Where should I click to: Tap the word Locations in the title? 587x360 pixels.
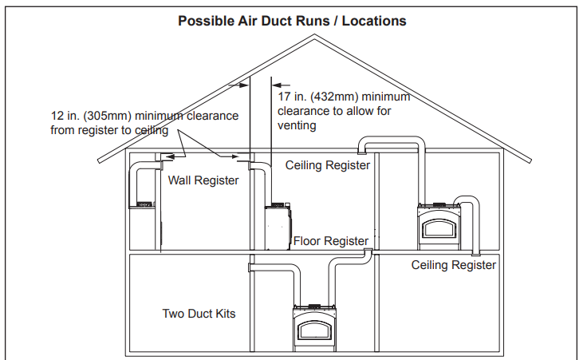(x=373, y=21)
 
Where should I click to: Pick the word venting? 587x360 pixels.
(x=297, y=125)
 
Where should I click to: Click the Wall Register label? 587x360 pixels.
(x=203, y=180)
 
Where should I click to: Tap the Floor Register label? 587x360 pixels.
(x=330, y=240)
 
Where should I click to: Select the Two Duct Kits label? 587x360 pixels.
(x=199, y=314)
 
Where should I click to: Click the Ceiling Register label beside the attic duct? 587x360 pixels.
(x=328, y=165)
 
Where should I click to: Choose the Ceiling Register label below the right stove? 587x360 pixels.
(x=453, y=265)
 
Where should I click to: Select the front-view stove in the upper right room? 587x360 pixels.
(x=438, y=224)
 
